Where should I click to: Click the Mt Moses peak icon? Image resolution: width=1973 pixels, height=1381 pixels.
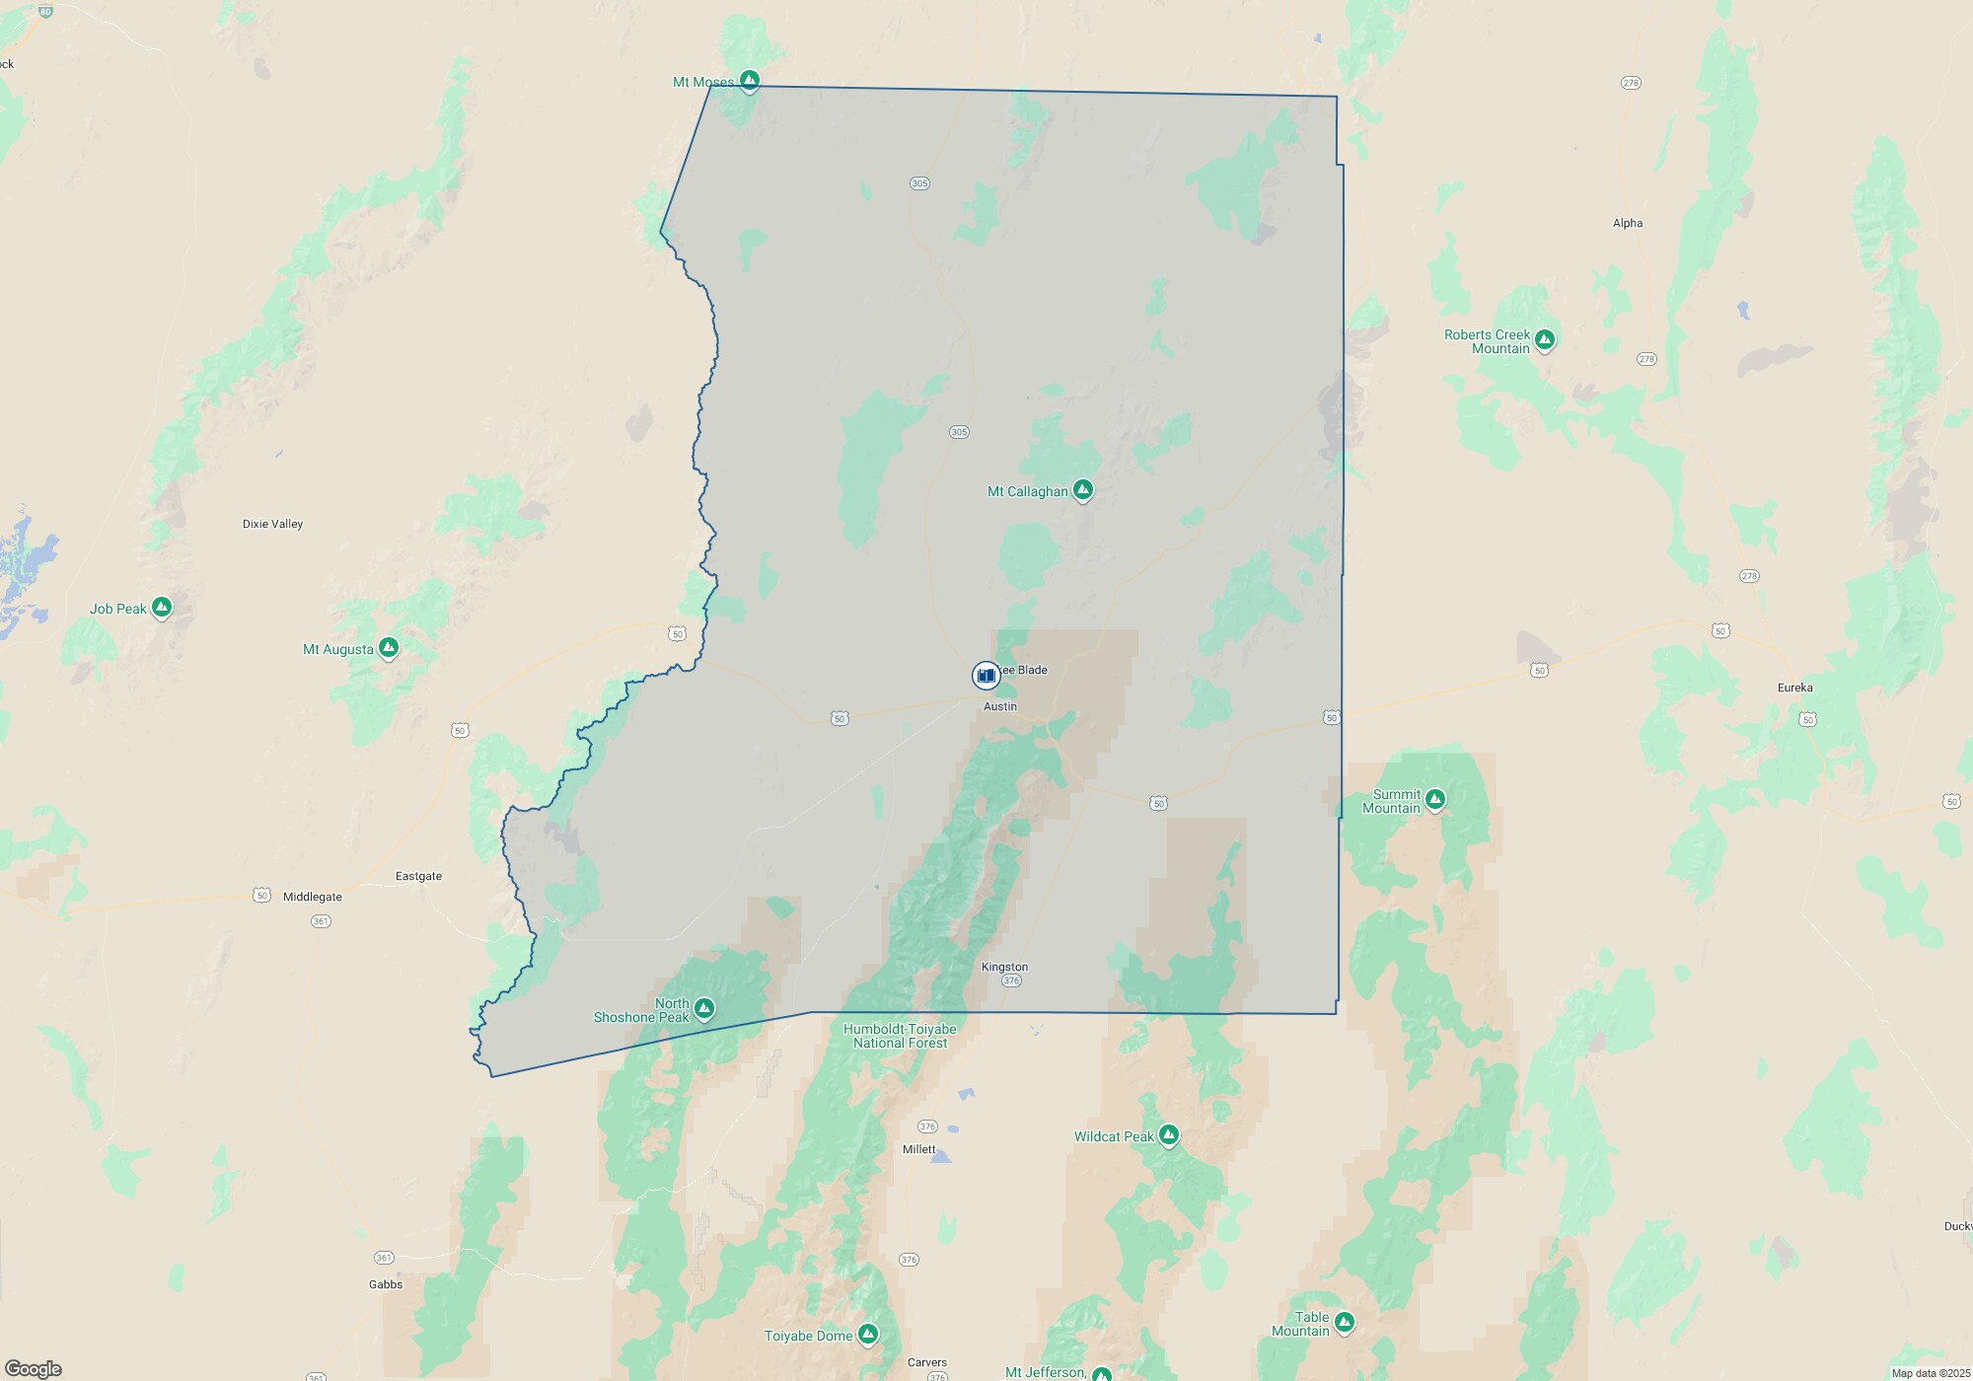tap(750, 80)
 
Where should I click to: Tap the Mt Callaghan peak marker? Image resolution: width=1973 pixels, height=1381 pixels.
tap(1083, 489)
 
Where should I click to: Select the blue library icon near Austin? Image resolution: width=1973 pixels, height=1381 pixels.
tap(986, 676)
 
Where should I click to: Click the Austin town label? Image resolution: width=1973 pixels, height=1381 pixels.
tap(1000, 706)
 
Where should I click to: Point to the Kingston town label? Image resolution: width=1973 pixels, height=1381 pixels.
tap(1004, 967)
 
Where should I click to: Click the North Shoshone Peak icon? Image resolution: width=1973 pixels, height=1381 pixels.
tap(703, 1008)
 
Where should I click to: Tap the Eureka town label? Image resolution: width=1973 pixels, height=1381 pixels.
tap(1794, 688)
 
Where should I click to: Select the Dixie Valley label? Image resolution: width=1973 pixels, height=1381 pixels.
tap(272, 524)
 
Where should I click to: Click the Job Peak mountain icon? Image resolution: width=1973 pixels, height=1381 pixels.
tap(162, 607)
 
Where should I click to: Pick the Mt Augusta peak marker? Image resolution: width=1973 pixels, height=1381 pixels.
tap(389, 647)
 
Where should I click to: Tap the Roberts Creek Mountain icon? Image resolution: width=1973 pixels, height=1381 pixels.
tap(1545, 339)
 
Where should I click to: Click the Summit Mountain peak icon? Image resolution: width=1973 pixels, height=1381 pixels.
tap(1435, 799)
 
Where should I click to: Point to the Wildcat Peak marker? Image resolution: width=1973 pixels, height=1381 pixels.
tap(1169, 1135)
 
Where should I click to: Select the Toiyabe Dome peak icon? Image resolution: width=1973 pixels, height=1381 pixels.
tap(868, 1334)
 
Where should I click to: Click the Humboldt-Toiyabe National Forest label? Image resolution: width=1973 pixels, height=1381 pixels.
tap(900, 1036)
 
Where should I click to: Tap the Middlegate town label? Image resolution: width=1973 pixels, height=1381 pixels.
tap(313, 897)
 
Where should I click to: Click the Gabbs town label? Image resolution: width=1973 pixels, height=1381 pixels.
tap(386, 1284)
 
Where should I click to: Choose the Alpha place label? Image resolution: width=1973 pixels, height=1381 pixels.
tap(1628, 223)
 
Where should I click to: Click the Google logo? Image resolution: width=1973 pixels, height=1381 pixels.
tap(34, 1368)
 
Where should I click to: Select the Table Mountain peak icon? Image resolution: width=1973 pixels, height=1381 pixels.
tap(1344, 1322)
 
